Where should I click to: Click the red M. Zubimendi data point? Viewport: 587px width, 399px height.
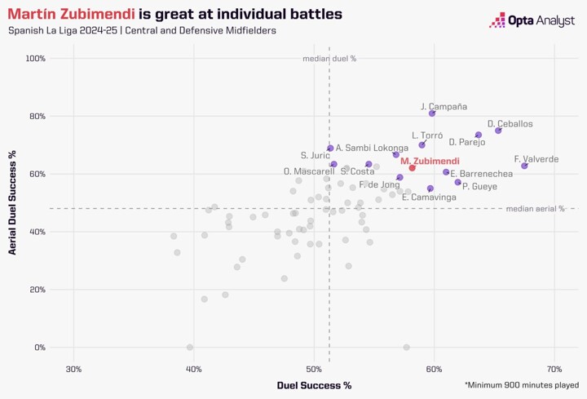tap(413, 167)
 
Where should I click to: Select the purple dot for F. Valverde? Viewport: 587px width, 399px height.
tap(524, 166)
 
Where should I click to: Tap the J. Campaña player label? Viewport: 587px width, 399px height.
tap(444, 106)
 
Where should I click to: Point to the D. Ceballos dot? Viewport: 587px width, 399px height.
tap(498, 131)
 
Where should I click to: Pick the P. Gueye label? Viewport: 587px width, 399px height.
tap(479, 187)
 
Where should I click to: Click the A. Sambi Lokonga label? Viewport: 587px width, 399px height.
tap(372, 148)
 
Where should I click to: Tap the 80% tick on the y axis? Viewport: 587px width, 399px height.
tap(35, 117)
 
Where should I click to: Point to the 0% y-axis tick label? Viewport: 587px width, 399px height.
tap(38, 348)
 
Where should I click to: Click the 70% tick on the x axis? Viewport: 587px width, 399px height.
tap(554, 370)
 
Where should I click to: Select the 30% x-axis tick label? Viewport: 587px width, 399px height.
tap(73, 370)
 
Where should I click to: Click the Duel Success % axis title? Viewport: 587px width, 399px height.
tap(314, 384)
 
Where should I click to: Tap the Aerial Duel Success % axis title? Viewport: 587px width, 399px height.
tap(13, 202)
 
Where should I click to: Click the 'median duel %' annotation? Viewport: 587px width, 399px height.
tap(329, 59)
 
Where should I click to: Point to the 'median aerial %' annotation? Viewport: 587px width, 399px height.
tap(535, 209)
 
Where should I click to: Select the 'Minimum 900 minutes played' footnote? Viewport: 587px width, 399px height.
tap(522, 384)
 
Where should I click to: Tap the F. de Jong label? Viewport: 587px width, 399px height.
tap(379, 185)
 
